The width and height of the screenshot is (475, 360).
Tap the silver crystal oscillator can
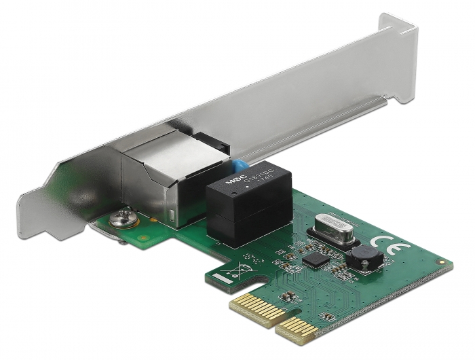332,228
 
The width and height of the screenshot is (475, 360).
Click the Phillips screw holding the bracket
124,220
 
